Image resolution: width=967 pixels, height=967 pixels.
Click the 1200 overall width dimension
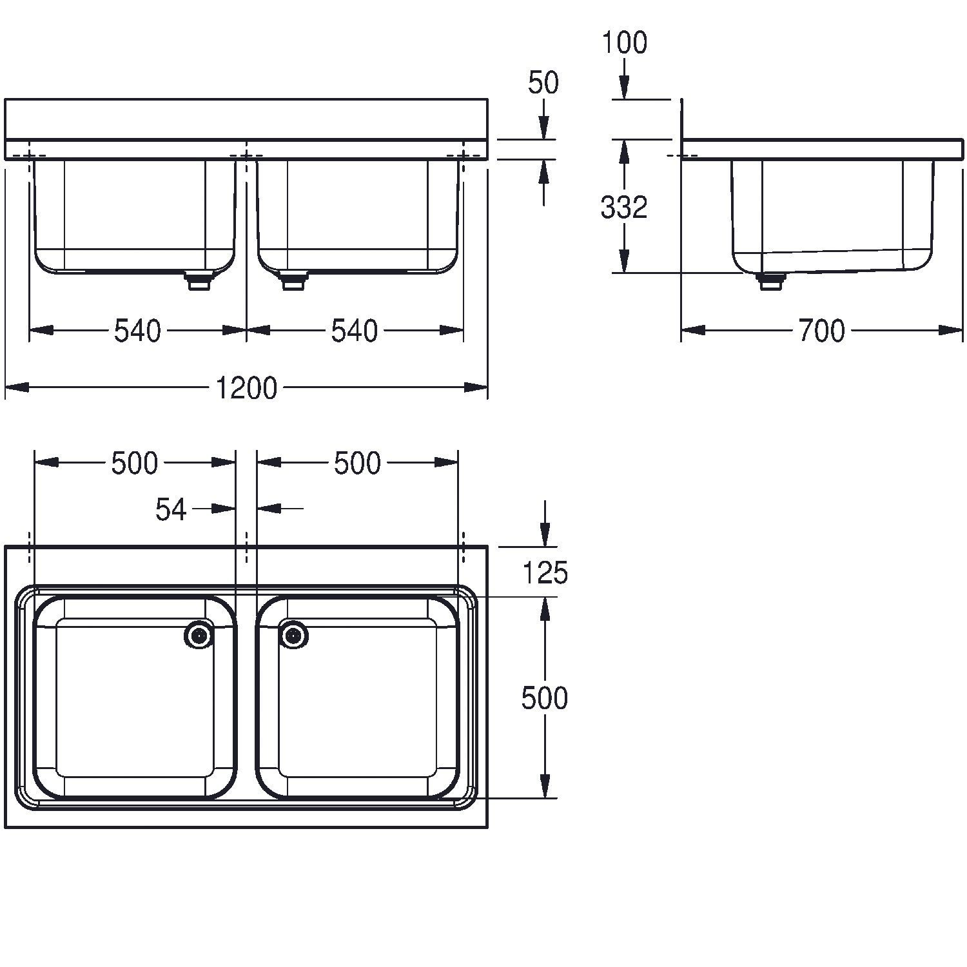[246, 388]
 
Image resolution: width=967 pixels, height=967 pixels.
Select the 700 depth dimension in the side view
[821, 331]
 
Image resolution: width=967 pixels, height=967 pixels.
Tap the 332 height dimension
[623, 208]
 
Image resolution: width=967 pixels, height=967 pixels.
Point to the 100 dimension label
[624, 43]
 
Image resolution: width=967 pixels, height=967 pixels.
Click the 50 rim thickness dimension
[543, 83]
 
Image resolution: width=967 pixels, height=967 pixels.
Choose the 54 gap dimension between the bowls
[171, 509]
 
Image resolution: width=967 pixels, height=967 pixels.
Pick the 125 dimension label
[545, 572]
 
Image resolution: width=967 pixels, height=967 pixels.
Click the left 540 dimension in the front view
[137, 331]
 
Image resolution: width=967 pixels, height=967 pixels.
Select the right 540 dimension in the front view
[355, 331]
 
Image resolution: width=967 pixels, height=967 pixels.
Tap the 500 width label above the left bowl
[134, 463]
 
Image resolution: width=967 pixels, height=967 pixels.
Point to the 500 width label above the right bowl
[357, 463]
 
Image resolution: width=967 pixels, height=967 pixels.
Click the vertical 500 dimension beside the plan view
[545, 698]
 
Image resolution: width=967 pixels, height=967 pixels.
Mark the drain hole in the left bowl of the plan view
[199, 636]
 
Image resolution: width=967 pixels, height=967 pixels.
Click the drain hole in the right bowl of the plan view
[294, 636]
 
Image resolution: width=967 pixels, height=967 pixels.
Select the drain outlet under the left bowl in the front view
[198, 281]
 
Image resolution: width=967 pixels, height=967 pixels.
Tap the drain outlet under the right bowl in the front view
[294, 281]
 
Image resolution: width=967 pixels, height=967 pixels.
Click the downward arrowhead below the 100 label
[623, 88]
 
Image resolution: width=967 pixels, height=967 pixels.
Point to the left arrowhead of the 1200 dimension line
[17, 387]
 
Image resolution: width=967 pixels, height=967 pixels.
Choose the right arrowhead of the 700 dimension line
[952, 329]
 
